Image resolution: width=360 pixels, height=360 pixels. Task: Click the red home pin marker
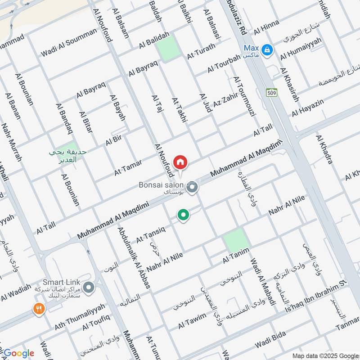[x=180, y=162]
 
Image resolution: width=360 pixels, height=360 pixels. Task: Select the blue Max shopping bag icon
[x=267, y=50]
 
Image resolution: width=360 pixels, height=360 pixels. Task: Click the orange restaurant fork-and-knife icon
[x=38, y=309]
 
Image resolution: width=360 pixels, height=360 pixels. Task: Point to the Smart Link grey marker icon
[x=89, y=287]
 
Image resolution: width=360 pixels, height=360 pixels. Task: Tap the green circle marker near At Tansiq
[x=183, y=215]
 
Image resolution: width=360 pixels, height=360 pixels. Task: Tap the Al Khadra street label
[x=324, y=149]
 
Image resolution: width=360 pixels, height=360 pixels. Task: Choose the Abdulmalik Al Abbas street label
[x=134, y=257]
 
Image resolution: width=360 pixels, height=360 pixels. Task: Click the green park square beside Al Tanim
[x=236, y=240]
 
